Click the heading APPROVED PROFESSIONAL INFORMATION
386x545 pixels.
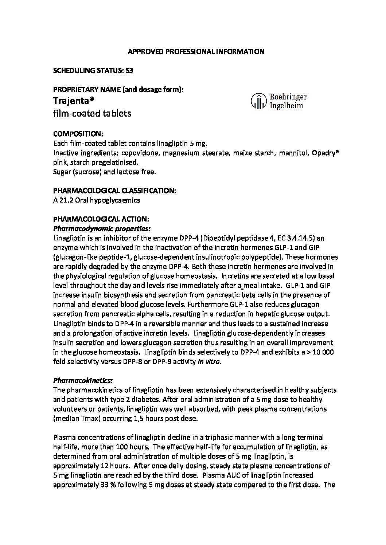coord(196,52)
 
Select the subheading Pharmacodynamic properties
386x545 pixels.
coord(102,229)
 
